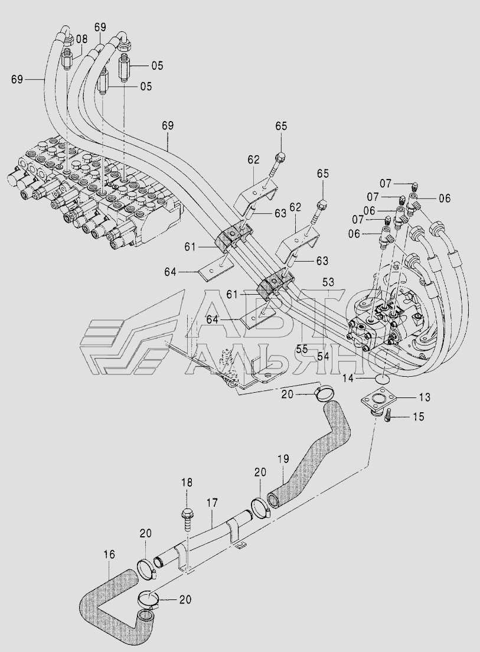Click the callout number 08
pyautogui.click(x=82, y=40)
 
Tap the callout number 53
pyautogui.click(x=328, y=282)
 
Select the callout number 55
pyautogui.click(x=302, y=349)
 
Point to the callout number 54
pyautogui.click(x=323, y=356)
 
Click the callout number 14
pyautogui.click(x=349, y=378)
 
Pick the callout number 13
pyautogui.click(x=425, y=397)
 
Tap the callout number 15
pyautogui.click(x=419, y=416)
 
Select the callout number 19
pyautogui.click(x=284, y=459)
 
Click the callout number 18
pyautogui.click(x=187, y=483)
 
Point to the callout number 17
pyautogui.click(x=212, y=503)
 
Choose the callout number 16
pyautogui.click(x=109, y=555)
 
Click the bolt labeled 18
pyautogui.click(x=187, y=520)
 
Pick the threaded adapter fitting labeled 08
pyautogui.click(x=68, y=60)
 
